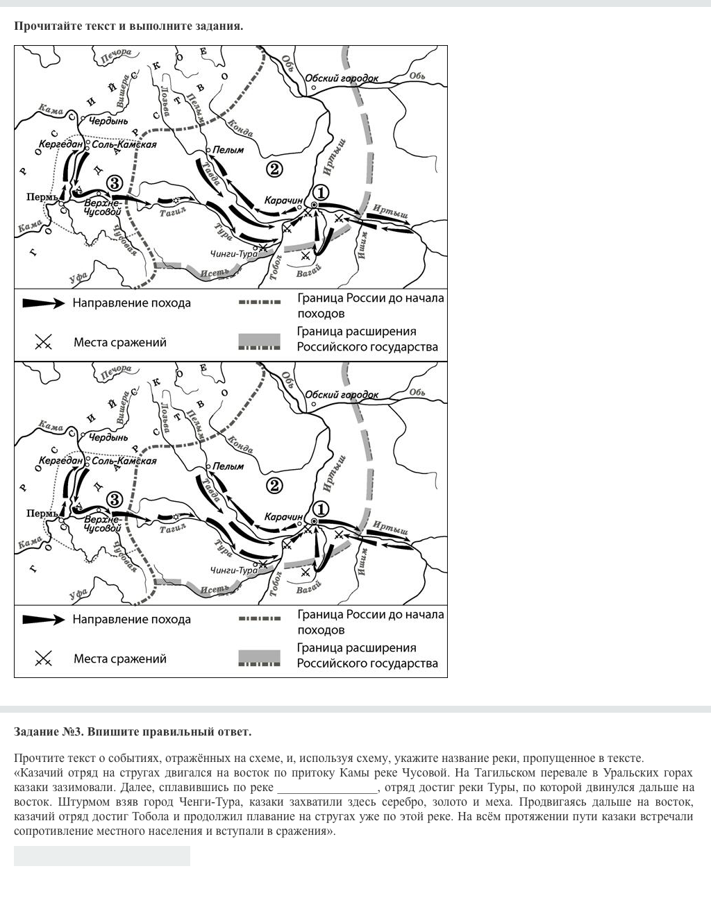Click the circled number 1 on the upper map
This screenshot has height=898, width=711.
320,193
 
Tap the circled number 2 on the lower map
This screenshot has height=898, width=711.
274,486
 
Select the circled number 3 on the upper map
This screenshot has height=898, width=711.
115,183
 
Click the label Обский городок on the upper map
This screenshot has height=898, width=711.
342,78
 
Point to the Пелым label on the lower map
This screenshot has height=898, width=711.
228,466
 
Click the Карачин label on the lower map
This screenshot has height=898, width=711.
283,517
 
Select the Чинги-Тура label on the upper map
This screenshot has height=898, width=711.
233,254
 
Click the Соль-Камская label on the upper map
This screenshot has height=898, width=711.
124,145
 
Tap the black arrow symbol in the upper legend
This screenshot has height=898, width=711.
43,303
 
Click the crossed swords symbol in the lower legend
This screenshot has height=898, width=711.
43,659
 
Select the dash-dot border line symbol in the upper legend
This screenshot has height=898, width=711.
260,303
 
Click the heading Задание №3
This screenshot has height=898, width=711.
133,731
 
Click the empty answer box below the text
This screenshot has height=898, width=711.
101,856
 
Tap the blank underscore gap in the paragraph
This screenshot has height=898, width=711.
327,788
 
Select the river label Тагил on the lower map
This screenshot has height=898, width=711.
173,529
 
